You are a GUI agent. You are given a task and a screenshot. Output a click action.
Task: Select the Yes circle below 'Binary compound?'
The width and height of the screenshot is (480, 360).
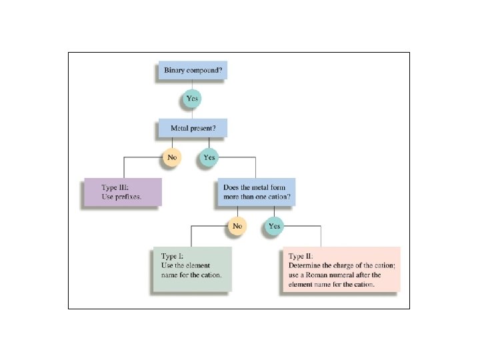192,99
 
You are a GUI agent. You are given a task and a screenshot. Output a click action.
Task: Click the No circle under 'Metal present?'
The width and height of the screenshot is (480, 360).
172,157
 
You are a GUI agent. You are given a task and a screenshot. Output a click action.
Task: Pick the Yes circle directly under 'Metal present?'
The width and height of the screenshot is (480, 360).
209,157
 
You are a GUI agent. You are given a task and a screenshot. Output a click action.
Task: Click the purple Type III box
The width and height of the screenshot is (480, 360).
122,192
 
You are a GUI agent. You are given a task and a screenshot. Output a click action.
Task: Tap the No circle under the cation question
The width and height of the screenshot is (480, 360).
237,226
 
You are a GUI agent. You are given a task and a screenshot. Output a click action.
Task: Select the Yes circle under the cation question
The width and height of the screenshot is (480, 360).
274,226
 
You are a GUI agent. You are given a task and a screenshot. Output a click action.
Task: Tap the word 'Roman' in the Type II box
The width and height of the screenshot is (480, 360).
315,275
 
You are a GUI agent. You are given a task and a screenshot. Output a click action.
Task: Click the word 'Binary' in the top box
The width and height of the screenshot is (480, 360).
176,70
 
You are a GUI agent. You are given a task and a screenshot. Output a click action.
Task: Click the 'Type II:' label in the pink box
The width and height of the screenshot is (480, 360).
301,255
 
